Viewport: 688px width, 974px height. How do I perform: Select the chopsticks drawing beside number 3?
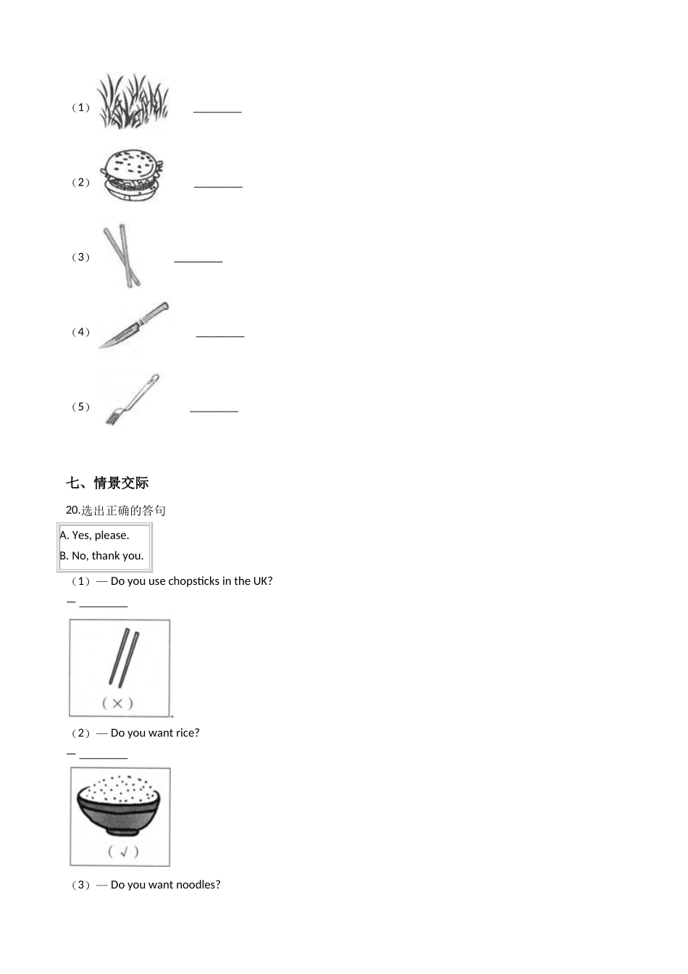(122, 255)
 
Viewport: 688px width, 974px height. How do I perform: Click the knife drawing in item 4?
(135, 325)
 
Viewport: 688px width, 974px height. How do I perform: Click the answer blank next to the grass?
(217, 110)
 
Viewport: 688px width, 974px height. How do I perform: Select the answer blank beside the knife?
(220, 334)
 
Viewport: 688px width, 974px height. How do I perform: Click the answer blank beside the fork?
(214, 409)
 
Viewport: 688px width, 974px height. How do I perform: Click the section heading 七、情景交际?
(107, 483)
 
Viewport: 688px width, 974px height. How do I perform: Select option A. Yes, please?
(95, 536)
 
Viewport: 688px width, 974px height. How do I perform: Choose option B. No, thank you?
(102, 556)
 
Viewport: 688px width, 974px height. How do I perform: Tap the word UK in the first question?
(261, 581)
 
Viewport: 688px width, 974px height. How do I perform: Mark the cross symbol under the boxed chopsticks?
(118, 702)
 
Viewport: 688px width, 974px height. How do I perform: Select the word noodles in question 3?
(198, 885)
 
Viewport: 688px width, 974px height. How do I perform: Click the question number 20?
(72, 511)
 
